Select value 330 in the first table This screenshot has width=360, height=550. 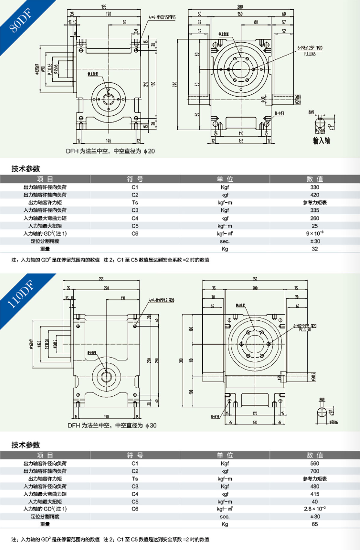click(314, 187)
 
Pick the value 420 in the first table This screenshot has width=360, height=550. click(314, 195)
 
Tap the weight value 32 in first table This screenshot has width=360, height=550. click(314, 249)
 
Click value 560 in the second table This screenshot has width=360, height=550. click(314, 463)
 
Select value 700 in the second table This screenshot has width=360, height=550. click(314, 471)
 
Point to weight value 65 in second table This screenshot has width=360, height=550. click(314, 524)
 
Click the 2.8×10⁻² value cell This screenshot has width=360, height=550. click(314, 509)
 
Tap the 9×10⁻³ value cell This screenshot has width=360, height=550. click(314, 233)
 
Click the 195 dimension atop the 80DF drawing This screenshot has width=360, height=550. click(104, 7)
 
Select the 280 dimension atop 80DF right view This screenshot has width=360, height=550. click(240, 7)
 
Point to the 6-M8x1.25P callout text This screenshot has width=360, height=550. click(310, 48)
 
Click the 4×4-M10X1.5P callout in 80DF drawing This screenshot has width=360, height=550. click(162, 17)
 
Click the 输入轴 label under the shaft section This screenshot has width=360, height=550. click(321, 141)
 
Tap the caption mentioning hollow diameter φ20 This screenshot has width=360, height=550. click(110, 151)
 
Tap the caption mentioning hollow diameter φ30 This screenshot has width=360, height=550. click(112, 425)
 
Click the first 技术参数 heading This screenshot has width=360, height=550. click(25, 169)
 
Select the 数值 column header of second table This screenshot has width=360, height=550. click(314, 455)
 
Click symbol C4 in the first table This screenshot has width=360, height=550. click(135, 218)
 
